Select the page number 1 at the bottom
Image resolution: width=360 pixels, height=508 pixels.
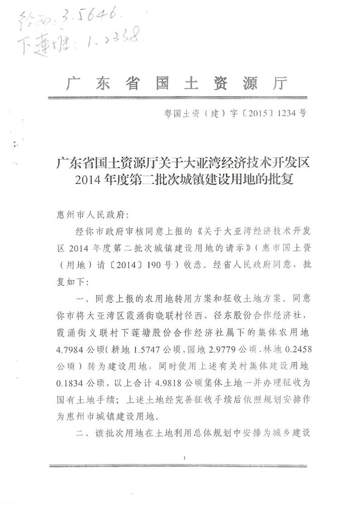186,459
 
